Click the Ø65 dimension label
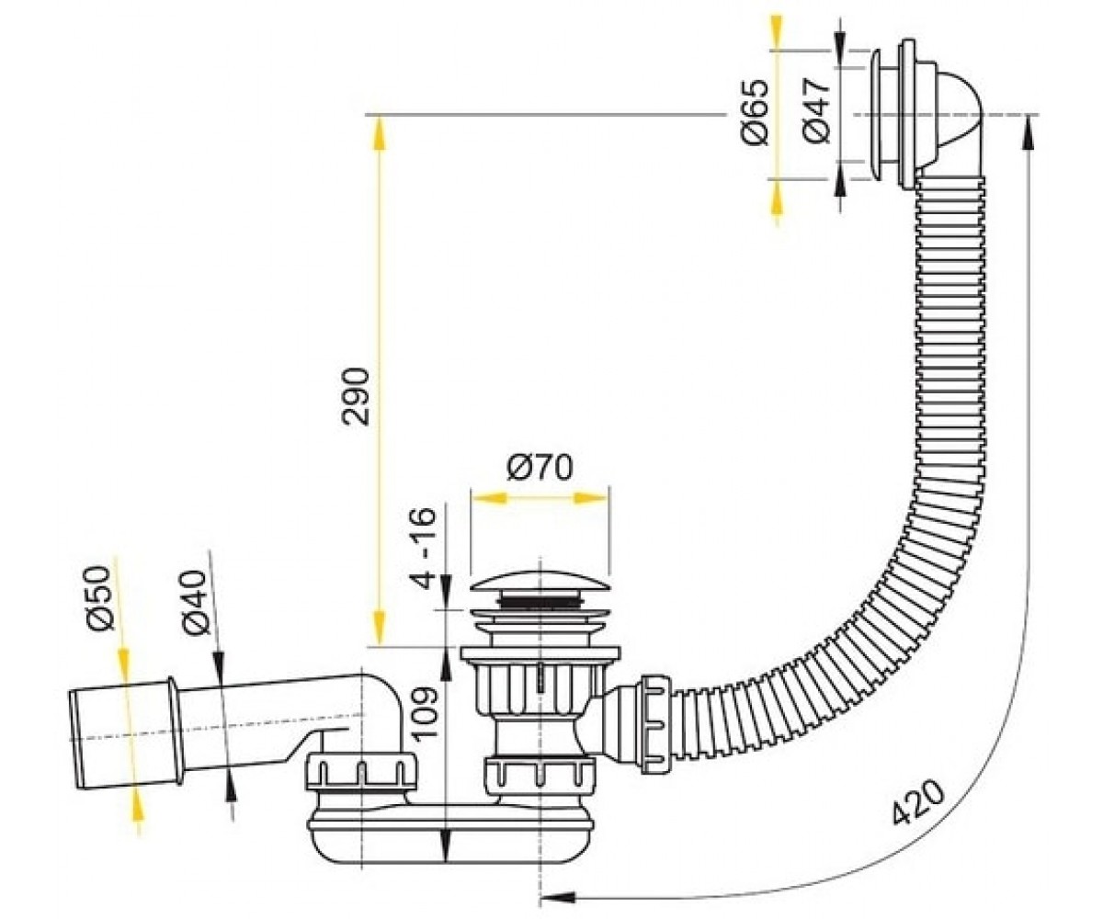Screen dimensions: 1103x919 [x=754, y=112]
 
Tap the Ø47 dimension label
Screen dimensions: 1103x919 [x=817, y=112]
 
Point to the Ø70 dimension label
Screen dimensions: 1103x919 [x=540, y=468]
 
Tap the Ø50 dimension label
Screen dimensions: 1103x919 [x=101, y=598]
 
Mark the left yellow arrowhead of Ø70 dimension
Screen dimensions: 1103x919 [x=489, y=498]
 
